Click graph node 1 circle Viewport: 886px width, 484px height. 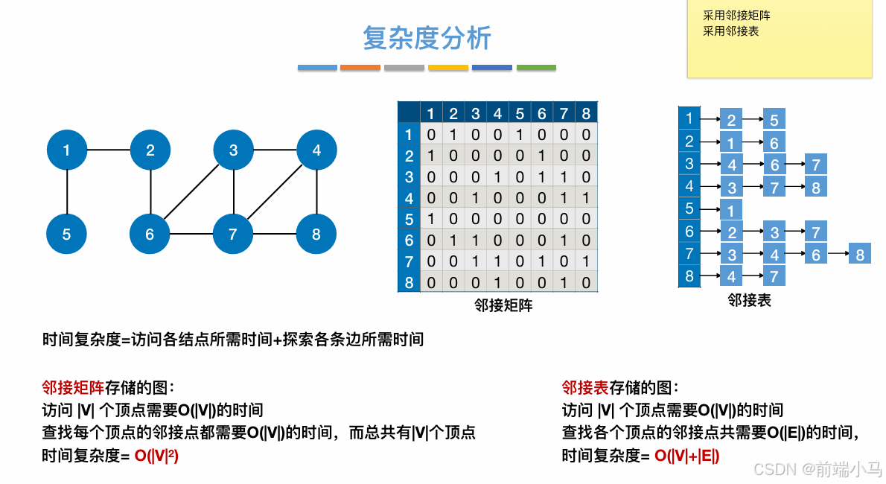67,150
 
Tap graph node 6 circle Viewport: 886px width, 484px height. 150,235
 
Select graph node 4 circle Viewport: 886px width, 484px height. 316,150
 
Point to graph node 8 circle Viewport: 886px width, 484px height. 316,235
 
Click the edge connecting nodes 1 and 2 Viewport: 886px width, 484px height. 109,150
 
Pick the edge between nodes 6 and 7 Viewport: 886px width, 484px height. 191,235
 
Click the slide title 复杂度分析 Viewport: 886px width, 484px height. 427,38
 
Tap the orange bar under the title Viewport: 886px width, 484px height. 360,68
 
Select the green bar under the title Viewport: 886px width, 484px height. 536,68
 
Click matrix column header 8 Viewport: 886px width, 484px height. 586,114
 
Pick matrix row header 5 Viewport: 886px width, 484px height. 409,220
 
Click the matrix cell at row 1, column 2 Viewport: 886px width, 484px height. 453,135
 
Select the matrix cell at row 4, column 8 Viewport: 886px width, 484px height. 586,198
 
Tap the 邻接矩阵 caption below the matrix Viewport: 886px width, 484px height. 503,305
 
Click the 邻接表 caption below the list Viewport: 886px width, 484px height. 749,300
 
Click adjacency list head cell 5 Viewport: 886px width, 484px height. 689,208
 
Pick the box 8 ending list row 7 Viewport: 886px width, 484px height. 860,255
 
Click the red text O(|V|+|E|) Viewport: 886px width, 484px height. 686,456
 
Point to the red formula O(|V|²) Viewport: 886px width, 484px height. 156,456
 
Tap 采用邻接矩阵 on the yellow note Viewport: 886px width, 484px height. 736,16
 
